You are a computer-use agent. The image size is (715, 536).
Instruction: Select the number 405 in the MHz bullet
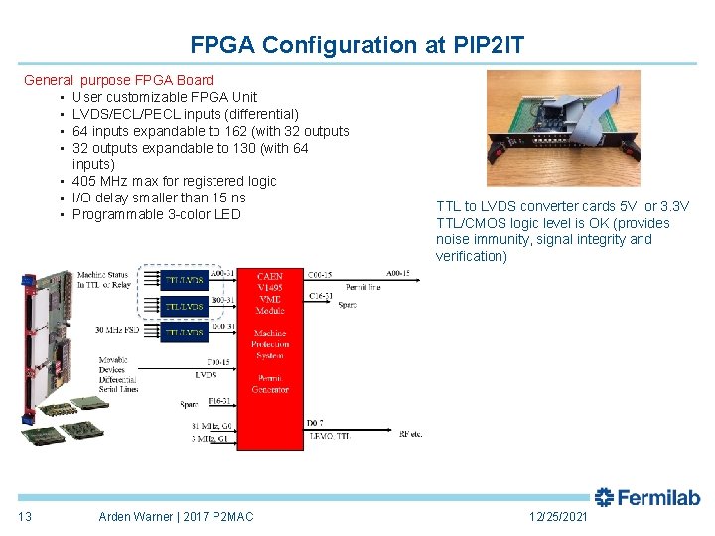(x=84, y=181)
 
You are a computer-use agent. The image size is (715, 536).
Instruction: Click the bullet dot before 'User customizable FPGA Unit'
(x=62, y=97)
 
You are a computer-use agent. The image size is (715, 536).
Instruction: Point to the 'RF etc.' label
(x=410, y=434)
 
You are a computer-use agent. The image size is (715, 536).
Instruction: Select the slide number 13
(x=25, y=516)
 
